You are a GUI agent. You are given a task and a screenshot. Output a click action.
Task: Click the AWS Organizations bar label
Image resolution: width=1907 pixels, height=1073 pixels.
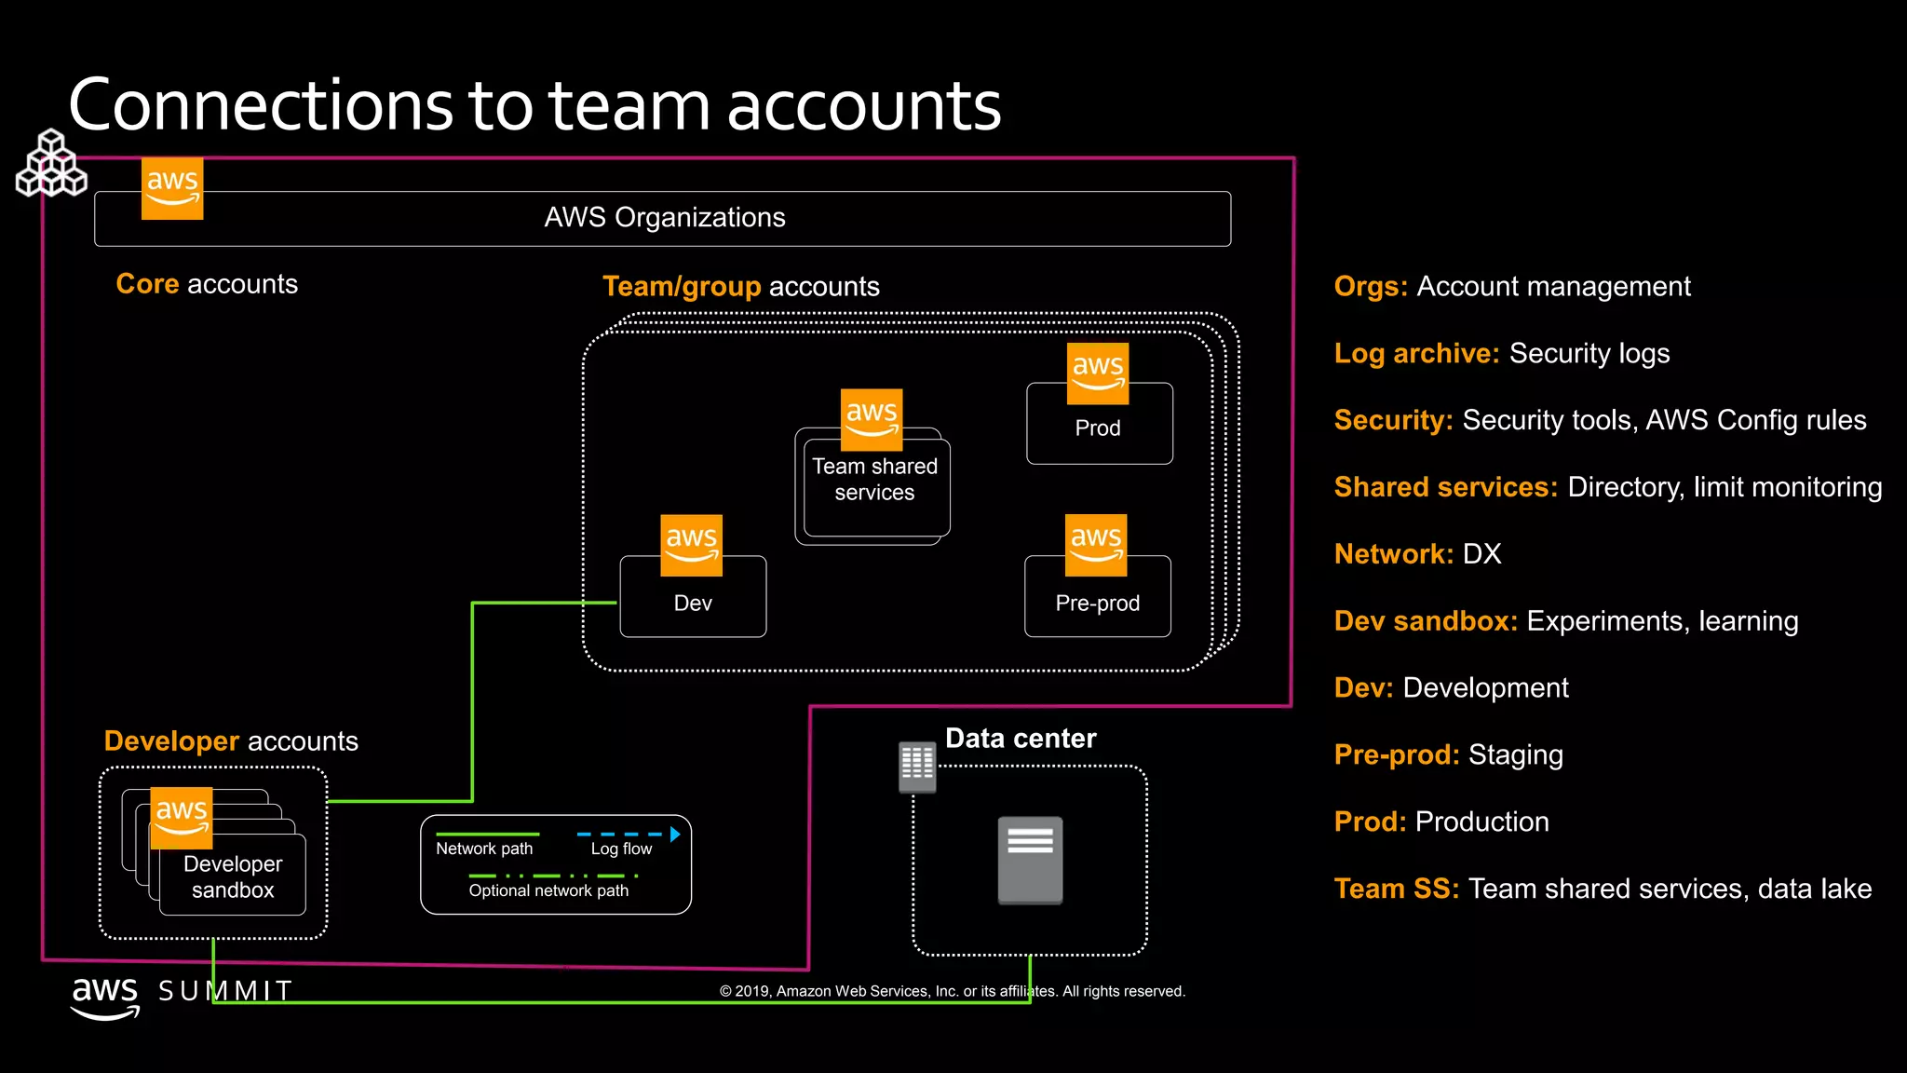point(664,218)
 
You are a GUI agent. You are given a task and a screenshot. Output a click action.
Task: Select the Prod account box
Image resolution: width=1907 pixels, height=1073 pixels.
point(1099,428)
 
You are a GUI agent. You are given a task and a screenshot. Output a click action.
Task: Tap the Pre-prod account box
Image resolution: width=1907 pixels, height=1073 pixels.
point(1097,603)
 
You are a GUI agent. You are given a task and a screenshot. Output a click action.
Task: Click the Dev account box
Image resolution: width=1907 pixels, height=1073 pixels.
point(693,603)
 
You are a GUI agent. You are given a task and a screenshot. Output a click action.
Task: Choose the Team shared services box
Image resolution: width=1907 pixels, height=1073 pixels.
point(874,481)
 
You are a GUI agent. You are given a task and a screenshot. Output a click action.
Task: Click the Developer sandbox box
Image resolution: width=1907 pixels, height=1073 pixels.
point(233,876)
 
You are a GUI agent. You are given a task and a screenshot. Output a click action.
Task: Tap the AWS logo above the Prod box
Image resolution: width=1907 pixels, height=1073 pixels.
point(1097,374)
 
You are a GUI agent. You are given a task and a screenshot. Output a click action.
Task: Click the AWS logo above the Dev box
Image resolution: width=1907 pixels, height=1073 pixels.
point(691,545)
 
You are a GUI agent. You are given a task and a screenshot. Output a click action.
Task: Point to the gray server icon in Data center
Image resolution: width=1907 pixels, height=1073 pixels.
point(1030,859)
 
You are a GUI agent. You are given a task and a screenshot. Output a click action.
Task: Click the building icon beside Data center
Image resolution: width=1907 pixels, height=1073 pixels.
point(917,767)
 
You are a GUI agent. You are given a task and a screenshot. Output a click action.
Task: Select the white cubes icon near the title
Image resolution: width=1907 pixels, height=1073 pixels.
point(51,165)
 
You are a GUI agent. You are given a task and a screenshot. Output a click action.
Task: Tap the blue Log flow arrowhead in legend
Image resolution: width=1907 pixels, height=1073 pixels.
point(675,835)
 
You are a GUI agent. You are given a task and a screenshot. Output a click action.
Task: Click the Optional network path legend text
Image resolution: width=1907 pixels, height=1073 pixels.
point(548,890)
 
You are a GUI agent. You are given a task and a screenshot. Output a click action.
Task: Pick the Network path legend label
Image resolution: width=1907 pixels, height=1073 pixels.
point(484,849)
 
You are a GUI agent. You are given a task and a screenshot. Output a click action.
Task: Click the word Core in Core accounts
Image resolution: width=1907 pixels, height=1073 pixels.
point(147,284)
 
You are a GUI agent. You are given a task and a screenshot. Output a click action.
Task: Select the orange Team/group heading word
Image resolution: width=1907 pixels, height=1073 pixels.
point(682,287)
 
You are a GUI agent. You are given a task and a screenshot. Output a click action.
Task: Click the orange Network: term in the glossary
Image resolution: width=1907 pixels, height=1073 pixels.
point(1393,554)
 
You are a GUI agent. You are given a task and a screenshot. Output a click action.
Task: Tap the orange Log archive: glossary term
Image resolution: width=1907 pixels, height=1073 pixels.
point(1416,354)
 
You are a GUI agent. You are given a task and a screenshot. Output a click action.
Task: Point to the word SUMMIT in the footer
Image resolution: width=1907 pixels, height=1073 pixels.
point(225,991)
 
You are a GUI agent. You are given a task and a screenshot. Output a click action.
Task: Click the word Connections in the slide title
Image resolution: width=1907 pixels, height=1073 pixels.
point(261,105)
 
